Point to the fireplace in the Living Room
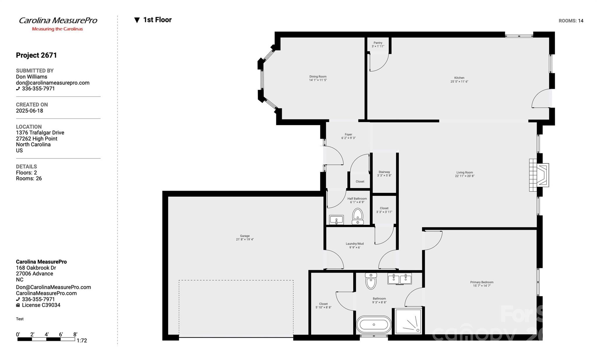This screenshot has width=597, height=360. click(539, 175)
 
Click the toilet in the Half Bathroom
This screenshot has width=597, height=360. click(358, 216)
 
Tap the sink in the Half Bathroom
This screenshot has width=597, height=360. click(336, 220)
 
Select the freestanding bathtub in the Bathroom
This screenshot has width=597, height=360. click(374, 324)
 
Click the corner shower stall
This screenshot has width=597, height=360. click(408, 321)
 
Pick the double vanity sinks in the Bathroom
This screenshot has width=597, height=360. click(399, 279)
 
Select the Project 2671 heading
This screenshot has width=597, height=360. click(36, 55)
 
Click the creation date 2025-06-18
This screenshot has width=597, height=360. click(29, 111)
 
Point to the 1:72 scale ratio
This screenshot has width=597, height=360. click(82, 340)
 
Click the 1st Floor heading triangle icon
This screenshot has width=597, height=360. click(137, 20)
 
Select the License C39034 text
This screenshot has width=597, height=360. click(41, 305)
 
